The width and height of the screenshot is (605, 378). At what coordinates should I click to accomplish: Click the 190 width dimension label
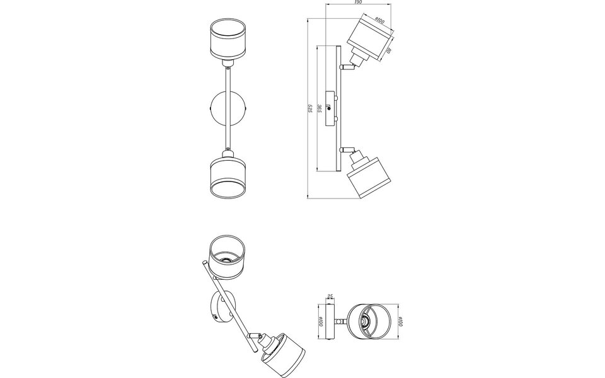357,3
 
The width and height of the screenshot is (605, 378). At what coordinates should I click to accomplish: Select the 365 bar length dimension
320,108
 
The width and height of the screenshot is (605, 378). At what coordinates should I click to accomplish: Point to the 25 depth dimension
331,297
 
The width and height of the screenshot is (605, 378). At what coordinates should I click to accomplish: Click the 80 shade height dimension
388,50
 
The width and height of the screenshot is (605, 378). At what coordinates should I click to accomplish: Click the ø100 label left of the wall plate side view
321,323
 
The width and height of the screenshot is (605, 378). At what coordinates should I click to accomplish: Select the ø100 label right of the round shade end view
401,323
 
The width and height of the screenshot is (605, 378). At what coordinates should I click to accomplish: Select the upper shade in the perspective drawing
225,256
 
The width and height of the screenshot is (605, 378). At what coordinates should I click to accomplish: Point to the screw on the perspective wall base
215,318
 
